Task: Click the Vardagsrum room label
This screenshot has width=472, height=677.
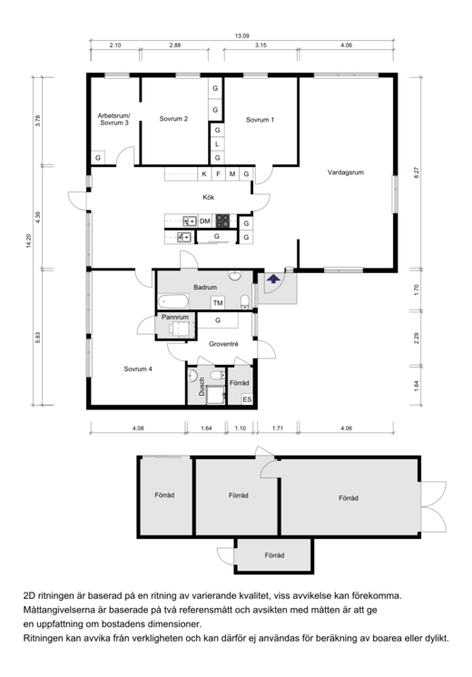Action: [346, 172]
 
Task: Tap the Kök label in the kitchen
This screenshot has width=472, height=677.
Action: [209, 197]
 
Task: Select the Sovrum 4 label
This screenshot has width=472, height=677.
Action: [138, 369]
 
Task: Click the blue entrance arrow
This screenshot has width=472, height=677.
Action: [273, 279]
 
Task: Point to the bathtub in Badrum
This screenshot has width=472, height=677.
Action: [173, 301]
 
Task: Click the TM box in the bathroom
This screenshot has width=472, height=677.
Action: [218, 303]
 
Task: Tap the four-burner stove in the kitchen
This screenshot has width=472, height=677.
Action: [222, 221]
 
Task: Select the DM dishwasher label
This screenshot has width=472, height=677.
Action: [205, 221]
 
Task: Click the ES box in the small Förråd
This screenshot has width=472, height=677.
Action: [247, 399]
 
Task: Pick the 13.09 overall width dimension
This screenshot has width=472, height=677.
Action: [242, 36]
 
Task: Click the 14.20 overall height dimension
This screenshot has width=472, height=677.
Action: [29, 240]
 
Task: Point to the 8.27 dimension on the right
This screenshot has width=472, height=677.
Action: [417, 173]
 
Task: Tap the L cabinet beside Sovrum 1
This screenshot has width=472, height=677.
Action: [217, 143]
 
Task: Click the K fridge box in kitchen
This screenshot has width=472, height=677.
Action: [204, 174]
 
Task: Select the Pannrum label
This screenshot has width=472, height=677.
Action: [175, 318]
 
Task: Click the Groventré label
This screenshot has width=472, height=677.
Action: [223, 344]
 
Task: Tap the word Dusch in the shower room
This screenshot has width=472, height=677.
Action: [202, 387]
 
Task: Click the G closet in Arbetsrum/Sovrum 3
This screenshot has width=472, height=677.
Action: [98, 158]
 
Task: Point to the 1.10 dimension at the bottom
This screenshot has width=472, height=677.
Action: [241, 428]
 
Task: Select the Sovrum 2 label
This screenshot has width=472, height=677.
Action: [173, 119]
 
